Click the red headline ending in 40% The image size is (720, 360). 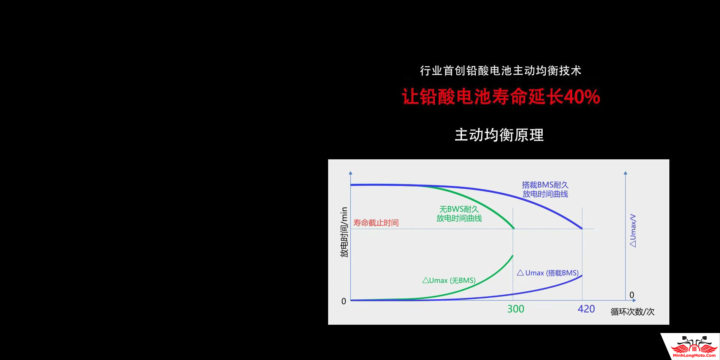tap(501, 96)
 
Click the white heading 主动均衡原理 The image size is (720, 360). tap(499, 135)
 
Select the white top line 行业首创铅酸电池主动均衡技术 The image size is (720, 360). tap(501, 70)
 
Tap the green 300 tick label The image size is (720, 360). tap(516, 309)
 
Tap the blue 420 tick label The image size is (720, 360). tap(586, 309)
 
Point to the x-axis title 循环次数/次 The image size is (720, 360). tap(632, 312)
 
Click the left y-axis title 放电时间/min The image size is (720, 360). tap(344, 232)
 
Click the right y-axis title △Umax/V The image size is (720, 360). tap(633, 231)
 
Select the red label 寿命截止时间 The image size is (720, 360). tap(376, 223)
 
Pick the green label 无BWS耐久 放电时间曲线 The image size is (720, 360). tap(459, 214)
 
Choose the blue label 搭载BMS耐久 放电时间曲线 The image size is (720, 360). tap(545, 189)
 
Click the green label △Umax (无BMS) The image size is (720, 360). tap(449, 280)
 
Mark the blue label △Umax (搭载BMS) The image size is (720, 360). tap(548, 273)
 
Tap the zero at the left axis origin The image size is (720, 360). tap(343, 301)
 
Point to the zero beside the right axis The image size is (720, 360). tap(632, 295)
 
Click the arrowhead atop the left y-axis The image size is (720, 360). tap(351, 173)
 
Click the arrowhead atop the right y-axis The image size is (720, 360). tap(625, 173)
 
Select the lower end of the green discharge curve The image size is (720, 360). tap(513, 228)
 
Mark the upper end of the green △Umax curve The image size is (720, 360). tap(513, 256)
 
